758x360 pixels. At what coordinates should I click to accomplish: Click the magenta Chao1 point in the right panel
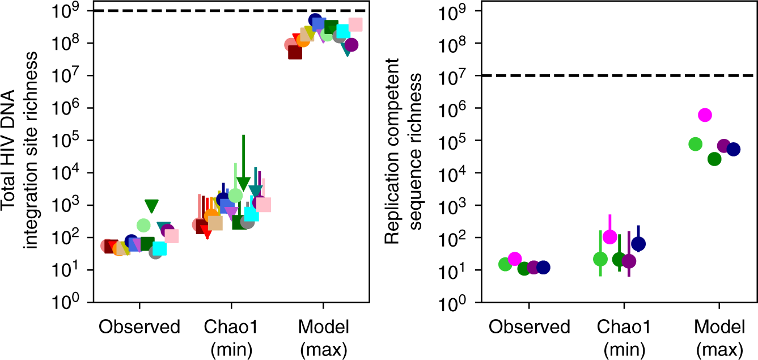coord(609,237)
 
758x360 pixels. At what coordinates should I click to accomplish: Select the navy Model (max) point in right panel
coord(733,149)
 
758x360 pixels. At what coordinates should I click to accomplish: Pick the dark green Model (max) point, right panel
coord(714,159)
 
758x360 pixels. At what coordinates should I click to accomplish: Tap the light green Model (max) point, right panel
coord(696,144)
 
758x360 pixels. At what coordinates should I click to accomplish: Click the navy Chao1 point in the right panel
coord(638,244)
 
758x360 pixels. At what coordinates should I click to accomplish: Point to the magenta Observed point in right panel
coord(514,259)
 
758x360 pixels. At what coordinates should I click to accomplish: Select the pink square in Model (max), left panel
coord(355,24)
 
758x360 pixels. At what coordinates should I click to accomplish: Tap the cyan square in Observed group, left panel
coord(159,248)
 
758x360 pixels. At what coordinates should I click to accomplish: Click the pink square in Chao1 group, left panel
coord(264,205)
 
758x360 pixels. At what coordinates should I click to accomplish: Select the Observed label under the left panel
coord(139,327)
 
